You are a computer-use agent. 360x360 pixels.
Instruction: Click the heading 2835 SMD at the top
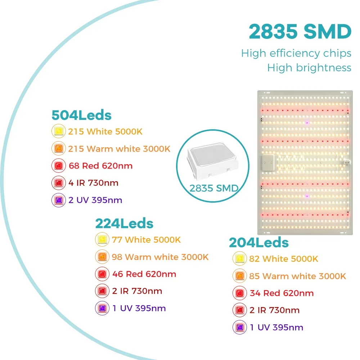pos(300,32)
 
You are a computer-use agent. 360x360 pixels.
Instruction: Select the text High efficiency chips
pos(296,53)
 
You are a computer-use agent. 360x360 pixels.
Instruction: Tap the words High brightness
pos(309,67)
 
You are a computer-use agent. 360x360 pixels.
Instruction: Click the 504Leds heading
pos(81,115)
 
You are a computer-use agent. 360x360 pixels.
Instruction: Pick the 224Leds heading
pos(124,224)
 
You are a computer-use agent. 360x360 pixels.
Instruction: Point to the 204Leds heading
pos(259,243)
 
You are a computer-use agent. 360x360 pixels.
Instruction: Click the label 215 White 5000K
pos(105,131)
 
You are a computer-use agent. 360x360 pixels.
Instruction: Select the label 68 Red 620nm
pos(100,166)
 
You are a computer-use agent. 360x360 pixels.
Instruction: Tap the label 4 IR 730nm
pos(93,183)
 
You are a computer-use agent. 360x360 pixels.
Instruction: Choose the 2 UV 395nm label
pos(95,200)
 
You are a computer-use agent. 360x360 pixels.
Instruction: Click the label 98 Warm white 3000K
pos(160,257)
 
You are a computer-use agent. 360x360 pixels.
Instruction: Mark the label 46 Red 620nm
pos(144,274)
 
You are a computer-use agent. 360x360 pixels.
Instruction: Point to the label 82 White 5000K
pos(284,259)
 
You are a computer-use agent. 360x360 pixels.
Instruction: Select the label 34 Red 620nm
pos(282,293)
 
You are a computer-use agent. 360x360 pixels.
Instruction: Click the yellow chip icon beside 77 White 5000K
pos(102,239)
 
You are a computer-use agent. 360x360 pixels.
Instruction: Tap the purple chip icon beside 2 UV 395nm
pos(58,200)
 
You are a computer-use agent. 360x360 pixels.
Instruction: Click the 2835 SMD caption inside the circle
pos(210,188)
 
